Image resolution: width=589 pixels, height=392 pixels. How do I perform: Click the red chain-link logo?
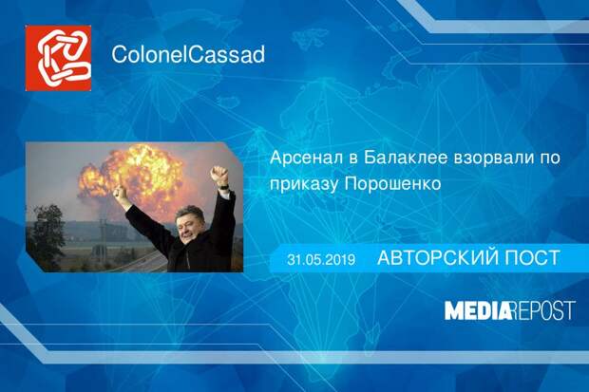click(58, 58)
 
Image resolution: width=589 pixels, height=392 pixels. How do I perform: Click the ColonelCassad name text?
click(188, 54)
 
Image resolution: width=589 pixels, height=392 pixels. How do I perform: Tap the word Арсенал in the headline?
click(306, 158)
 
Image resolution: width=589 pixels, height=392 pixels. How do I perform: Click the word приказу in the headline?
click(303, 185)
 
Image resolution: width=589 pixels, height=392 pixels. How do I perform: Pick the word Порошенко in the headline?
click(392, 184)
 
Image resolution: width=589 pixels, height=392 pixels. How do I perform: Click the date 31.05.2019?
click(321, 260)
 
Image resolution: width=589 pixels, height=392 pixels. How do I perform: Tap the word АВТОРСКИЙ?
click(437, 258)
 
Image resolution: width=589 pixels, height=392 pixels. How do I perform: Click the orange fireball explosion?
click(131, 177)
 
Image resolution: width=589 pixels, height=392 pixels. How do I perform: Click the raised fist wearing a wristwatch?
click(219, 176)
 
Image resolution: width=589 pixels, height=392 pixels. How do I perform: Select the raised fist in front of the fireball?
click(121, 193)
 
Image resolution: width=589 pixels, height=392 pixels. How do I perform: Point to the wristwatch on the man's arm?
click(224, 186)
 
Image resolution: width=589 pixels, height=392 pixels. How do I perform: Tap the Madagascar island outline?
click(372, 330)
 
